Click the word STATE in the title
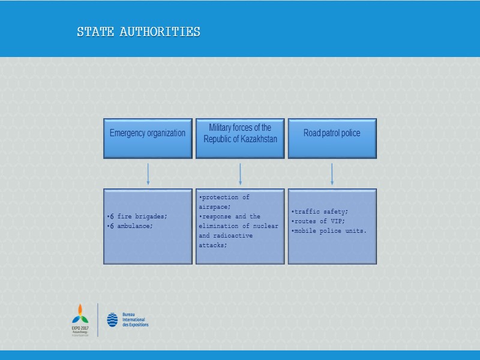[x=95, y=32]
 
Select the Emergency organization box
[x=148, y=138]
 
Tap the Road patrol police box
[x=332, y=138]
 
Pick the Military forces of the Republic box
[x=240, y=138]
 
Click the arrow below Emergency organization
[x=148, y=174]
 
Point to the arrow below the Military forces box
[x=240, y=174]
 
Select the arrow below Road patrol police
[x=332, y=174]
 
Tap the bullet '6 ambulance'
[x=130, y=226]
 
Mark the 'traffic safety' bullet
[x=320, y=211]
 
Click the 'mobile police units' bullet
[x=329, y=230]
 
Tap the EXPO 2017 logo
[x=80, y=319]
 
